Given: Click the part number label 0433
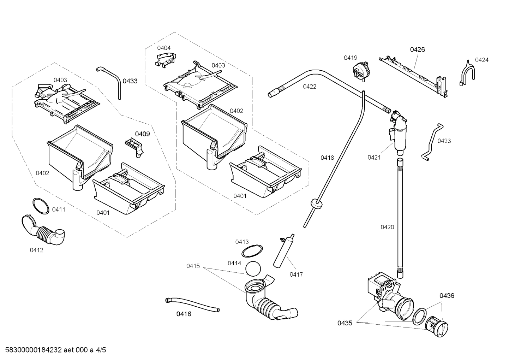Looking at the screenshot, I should click(x=130, y=81).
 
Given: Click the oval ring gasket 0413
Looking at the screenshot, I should click(x=252, y=251).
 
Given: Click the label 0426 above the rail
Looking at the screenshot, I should click(x=417, y=49).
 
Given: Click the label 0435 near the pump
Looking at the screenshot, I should click(x=345, y=323).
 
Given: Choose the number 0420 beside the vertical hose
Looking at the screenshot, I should click(x=387, y=227).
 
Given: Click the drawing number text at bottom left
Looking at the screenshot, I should click(x=53, y=350).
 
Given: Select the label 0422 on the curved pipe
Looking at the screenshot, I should click(x=309, y=87).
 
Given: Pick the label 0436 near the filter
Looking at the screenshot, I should click(x=447, y=295).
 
